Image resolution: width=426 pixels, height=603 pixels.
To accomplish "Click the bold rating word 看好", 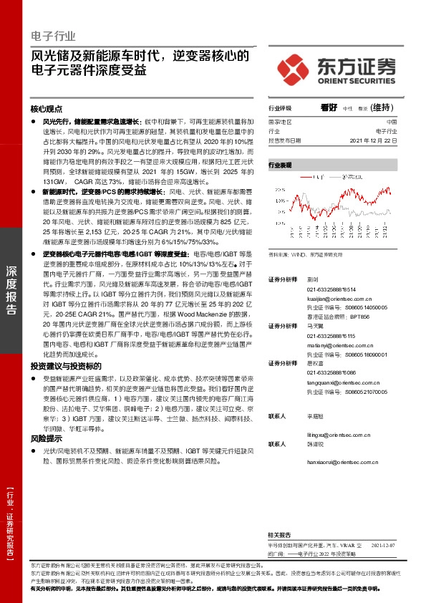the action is pyautogui.click(x=329, y=108).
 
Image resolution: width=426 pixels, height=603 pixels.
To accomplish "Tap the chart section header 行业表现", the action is pyautogui.click(x=280, y=165).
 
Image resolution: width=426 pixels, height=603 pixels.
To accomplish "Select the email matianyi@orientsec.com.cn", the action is pyautogui.click(x=337, y=346).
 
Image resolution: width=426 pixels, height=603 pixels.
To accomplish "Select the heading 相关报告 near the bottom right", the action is pyautogui.click(x=279, y=535).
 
